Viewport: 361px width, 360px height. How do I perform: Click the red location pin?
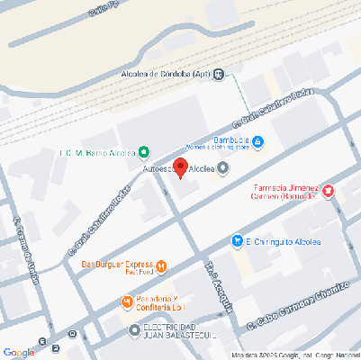(180, 167)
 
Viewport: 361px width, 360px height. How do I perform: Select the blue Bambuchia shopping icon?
(257, 141)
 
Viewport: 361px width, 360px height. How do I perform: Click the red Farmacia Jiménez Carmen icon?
(328, 191)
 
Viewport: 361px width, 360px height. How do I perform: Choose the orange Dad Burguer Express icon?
(161, 265)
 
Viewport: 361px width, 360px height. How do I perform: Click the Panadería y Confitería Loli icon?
(127, 301)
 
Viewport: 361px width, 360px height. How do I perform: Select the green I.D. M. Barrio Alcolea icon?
(144, 151)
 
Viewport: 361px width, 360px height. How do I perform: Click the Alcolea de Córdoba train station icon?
(219, 75)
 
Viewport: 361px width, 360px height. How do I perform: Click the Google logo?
(18, 352)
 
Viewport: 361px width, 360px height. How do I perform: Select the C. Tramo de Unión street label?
(29, 251)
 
